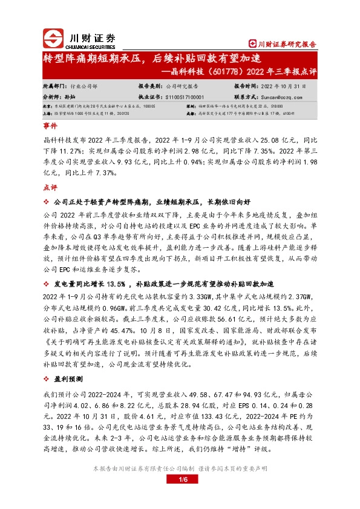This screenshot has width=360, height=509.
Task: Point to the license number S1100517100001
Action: pyautogui.click(x=185, y=96)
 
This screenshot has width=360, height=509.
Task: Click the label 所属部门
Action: pyautogui.click(x=53, y=86)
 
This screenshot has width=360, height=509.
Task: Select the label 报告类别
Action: pyautogui.click(x=149, y=86)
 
